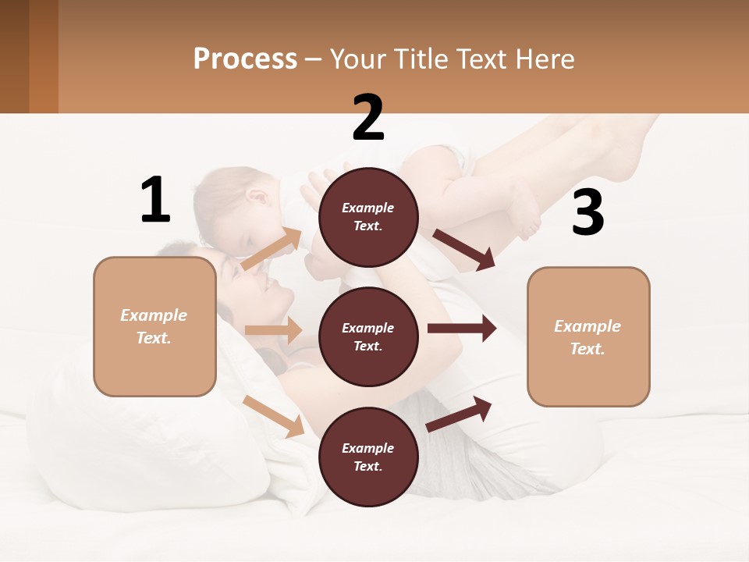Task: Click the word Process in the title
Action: (x=245, y=59)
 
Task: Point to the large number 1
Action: (x=155, y=200)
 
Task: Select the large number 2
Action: (x=368, y=117)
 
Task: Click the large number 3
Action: (x=587, y=213)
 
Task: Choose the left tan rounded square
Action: (x=154, y=326)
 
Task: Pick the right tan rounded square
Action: (x=588, y=337)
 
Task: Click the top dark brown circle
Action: (x=368, y=217)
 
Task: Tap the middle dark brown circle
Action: (x=368, y=337)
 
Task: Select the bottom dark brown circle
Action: (x=368, y=457)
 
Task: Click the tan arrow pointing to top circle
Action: (x=272, y=249)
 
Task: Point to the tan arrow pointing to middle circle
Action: (x=273, y=330)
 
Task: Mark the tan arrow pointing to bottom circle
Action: (x=274, y=416)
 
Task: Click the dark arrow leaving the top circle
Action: (x=463, y=249)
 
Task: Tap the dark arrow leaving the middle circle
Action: (x=461, y=329)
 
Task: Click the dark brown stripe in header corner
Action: (x=14, y=56)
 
